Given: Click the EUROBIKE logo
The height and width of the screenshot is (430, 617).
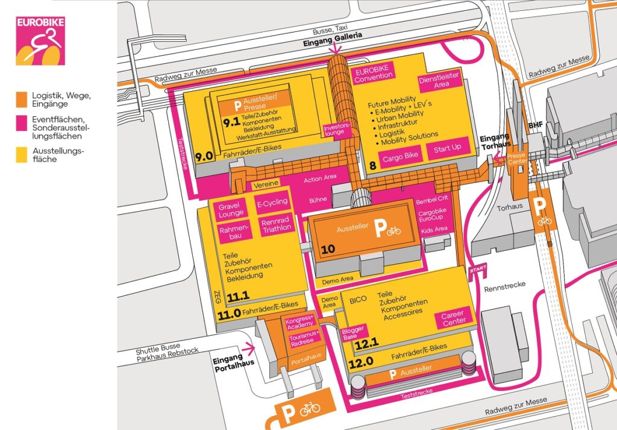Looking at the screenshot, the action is [x=40, y=40].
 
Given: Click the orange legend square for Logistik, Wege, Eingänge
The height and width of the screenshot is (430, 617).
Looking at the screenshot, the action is [x=22, y=100].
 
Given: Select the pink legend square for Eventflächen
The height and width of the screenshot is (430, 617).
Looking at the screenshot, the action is [x=22, y=123].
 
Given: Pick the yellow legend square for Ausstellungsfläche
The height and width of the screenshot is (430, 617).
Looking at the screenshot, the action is [x=22, y=154].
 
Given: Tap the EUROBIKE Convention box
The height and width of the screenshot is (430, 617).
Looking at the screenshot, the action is [x=372, y=74].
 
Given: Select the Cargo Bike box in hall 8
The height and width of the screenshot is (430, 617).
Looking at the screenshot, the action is [x=400, y=157].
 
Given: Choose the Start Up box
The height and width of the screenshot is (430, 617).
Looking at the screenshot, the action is [x=448, y=148].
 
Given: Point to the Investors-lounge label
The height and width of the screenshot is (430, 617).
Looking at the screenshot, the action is [x=336, y=129].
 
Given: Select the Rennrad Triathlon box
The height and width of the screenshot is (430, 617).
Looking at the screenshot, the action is [x=277, y=225].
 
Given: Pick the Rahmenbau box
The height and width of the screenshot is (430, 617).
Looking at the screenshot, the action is [x=234, y=232].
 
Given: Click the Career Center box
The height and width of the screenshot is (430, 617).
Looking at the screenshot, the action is [x=453, y=318].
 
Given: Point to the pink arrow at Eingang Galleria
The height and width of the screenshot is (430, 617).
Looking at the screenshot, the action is [x=335, y=48].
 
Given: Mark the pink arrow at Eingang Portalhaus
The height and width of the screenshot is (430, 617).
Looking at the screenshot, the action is [x=249, y=349].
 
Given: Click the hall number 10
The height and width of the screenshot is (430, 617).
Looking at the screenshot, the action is [x=328, y=249].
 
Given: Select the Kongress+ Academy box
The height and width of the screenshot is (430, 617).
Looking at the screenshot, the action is [x=300, y=323].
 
